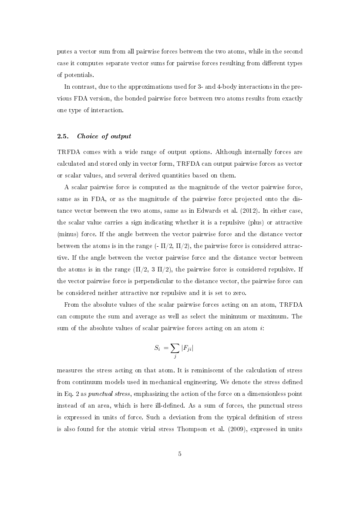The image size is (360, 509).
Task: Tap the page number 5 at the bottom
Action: click(179, 454)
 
